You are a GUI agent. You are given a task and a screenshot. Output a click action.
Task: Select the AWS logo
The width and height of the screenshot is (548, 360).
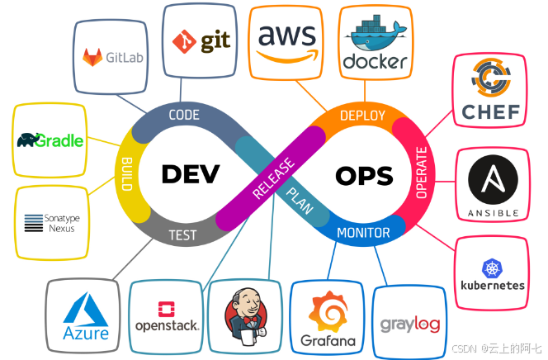click(286, 40)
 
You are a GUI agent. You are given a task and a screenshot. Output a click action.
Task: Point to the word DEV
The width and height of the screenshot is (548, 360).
click(191, 174)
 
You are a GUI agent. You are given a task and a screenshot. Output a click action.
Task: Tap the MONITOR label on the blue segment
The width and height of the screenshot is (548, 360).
click(364, 233)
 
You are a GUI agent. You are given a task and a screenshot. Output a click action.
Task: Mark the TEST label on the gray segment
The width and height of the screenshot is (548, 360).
click(182, 234)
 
